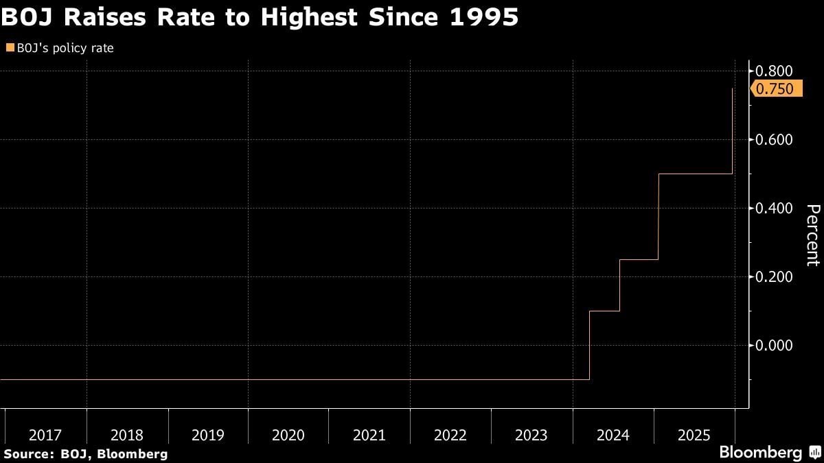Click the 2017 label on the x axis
click(45, 435)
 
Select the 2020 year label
click(288, 435)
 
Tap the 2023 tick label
click(531, 435)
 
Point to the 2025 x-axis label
click(694, 435)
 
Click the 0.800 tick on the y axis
click(775, 71)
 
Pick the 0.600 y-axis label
click(775, 140)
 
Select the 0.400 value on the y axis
click(775, 208)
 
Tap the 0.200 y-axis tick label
click(775, 276)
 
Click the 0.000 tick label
click(775, 345)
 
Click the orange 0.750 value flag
click(777, 88)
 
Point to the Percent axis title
click(813, 235)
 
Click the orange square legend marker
click(9, 48)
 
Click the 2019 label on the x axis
click(207, 435)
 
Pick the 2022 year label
click(450, 435)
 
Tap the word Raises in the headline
click(110, 17)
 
